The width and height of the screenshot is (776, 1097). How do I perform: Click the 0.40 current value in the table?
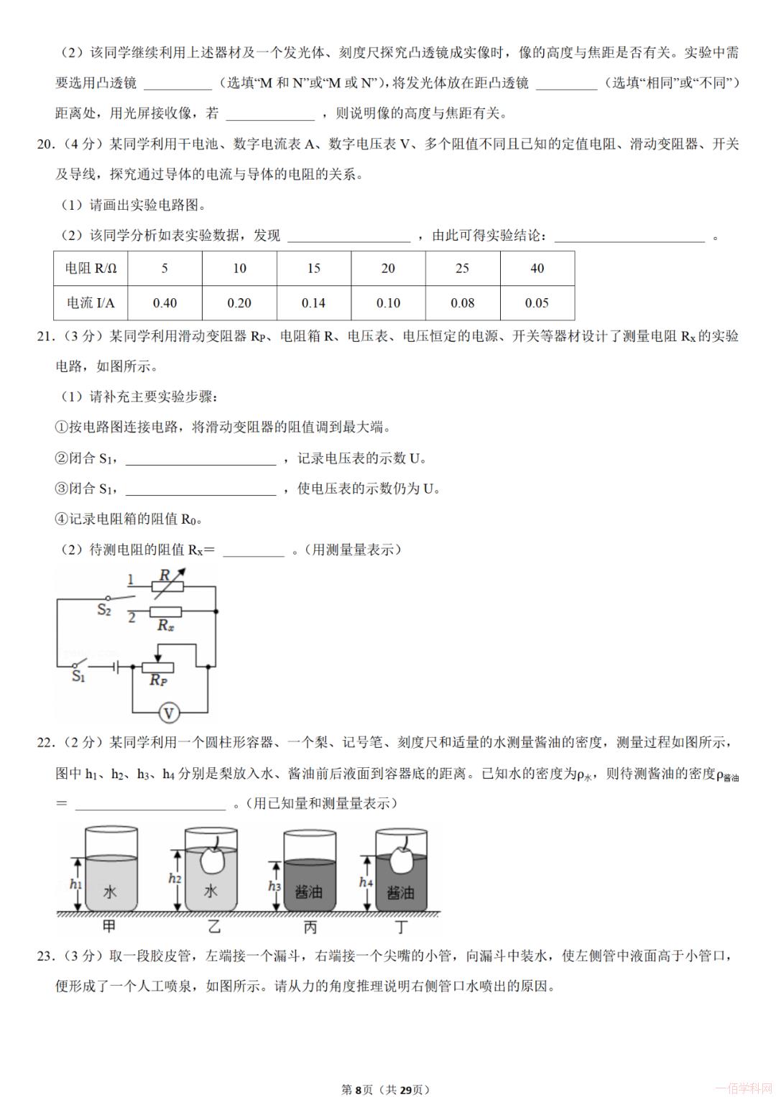tap(165, 303)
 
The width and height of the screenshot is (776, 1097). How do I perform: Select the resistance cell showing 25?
tap(462, 269)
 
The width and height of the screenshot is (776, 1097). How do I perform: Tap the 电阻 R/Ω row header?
tap(91, 269)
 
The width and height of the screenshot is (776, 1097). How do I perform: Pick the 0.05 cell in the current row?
tap(537, 303)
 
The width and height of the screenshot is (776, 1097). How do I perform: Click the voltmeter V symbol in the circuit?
tap(169, 713)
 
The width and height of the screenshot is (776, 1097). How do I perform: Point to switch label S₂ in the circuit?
tap(104, 611)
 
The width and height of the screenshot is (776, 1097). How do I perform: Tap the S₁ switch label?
tap(78, 676)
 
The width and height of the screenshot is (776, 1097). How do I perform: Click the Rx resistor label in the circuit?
tap(166, 626)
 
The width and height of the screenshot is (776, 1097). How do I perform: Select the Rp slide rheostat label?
tap(158, 680)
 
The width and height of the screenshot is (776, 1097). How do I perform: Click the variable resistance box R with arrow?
tap(167, 585)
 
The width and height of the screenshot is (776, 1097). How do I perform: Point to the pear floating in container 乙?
tap(213, 856)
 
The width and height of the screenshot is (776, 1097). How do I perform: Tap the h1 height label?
tap(75, 884)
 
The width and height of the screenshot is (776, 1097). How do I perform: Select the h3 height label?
tap(274, 887)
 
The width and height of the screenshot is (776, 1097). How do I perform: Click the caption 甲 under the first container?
tap(109, 927)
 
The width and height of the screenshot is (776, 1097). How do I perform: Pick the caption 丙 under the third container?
tap(310, 927)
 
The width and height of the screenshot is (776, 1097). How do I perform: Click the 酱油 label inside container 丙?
tap(309, 892)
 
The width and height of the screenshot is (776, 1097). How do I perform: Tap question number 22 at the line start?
tap(45, 743)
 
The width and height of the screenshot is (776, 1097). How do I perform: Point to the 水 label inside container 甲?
tap(110, 892)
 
